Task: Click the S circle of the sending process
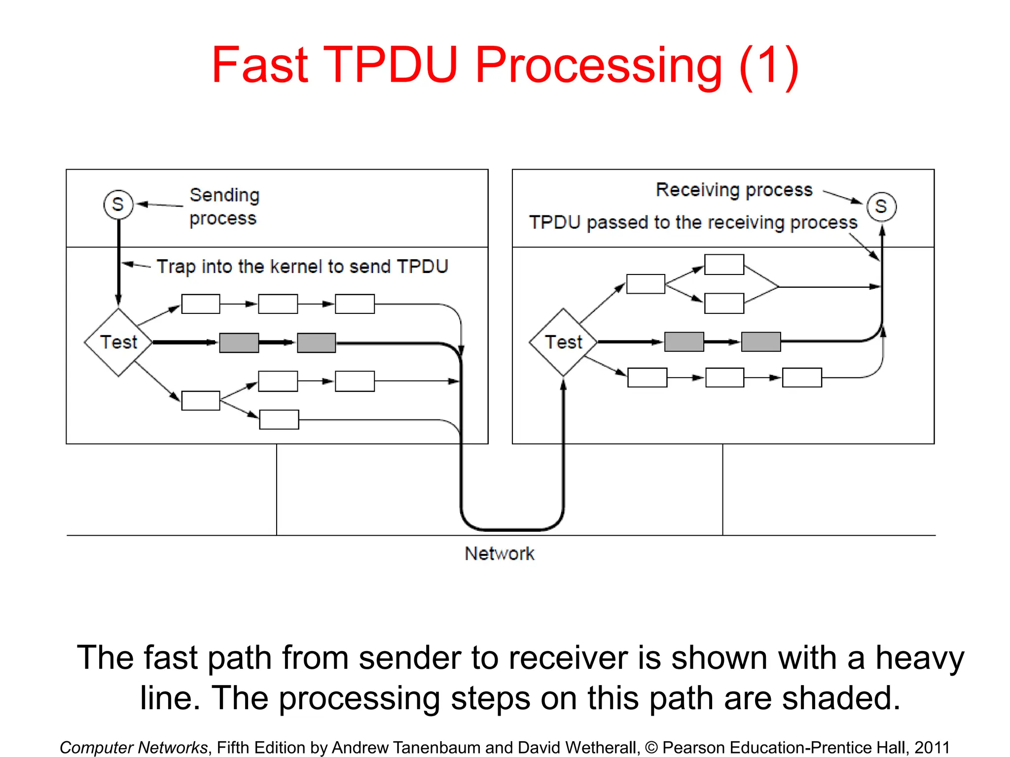118,205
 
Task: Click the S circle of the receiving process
881,206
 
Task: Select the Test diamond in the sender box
118,342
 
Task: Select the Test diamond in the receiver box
563,342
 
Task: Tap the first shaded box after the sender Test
239,343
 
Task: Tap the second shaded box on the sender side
316,343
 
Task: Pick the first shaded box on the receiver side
684,342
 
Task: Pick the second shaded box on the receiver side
761,342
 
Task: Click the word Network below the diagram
499,553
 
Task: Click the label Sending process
224,206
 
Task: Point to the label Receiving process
734,190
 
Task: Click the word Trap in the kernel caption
176,267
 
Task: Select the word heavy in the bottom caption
919,658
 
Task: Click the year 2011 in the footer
932,747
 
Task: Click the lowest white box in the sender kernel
279,419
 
